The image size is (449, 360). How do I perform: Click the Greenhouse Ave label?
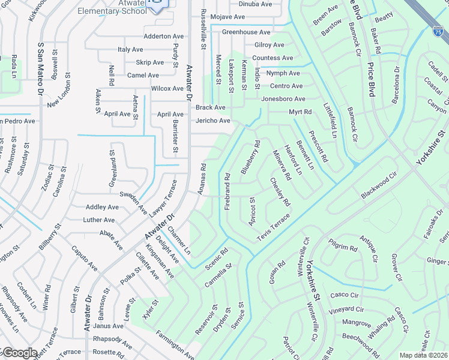pos(246,32)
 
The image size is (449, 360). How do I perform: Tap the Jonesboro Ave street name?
pos(283,99)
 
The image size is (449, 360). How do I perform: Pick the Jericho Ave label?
pos(212,121)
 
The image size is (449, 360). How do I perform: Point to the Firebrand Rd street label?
pos(228,191)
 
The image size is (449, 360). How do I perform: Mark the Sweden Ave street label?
pos(133,203)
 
